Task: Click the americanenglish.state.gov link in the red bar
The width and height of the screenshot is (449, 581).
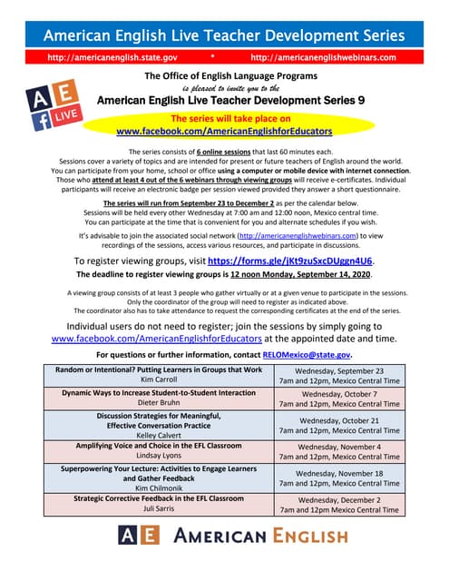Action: click(112, 56)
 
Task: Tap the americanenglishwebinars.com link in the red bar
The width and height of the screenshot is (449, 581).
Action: click(323, 56)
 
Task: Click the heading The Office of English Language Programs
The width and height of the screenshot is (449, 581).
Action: click(223, 76)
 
